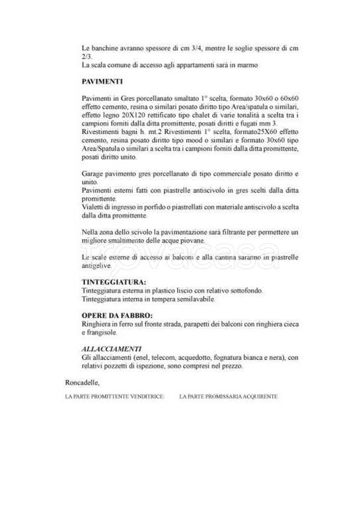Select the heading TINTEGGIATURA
point(110,282)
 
